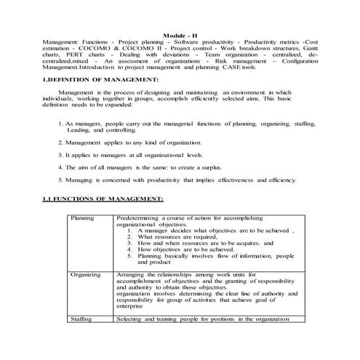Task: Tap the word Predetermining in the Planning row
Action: [x=137, y=217]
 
